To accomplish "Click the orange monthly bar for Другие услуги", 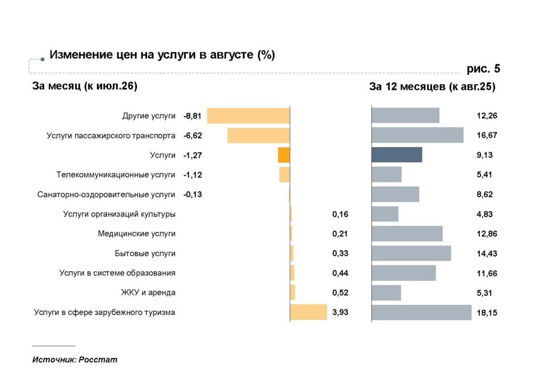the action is [x=249, y=116].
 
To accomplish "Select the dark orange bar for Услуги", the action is [x=284, y=155].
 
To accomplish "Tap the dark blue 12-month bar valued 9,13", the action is [x=397, y=155].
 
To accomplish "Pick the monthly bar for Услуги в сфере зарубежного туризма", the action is [x=308, y=312].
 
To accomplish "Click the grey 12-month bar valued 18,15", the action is [x=421, y=312].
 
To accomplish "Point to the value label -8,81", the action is [x=192, y=116].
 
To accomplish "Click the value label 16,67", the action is [x=487, y=135].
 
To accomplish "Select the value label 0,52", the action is [x=340, y=292].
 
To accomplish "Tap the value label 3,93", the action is [x=340, y=312].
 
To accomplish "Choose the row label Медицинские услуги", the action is [x=137, y=234].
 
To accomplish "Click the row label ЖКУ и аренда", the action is [x=148, y=292].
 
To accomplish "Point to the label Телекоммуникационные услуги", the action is [x=116, y=175].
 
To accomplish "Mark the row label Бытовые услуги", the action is [x=145, y=253].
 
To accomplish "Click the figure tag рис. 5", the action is [x=483, y=69].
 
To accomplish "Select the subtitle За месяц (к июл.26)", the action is [x=85, y=86].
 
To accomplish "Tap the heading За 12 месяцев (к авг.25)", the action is [x=432, y=87].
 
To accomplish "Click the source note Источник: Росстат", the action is [x=75, y=360].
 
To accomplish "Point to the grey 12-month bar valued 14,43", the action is [x=411, y=253].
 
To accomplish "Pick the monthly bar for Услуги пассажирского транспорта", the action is [x=258, y=135].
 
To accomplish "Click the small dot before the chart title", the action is [x=43, y=59].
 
